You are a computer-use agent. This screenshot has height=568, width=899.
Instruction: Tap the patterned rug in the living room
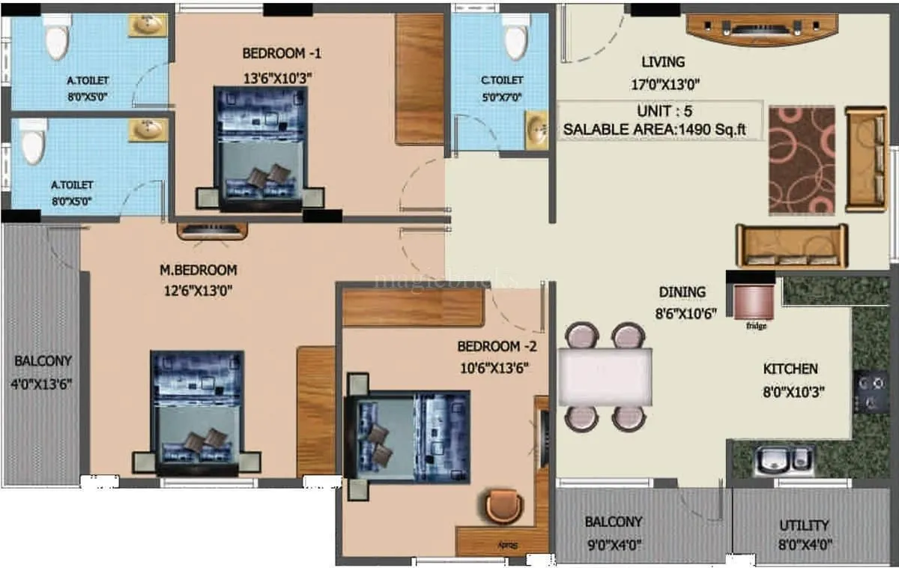pos(802,160)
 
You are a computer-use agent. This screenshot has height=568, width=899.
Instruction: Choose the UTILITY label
pos(804,525)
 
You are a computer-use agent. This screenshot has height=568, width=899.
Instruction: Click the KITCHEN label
pos(790,369)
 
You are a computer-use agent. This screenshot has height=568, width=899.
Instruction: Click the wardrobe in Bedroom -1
pos(420,79)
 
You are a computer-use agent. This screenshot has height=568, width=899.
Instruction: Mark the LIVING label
pos(663,62)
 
